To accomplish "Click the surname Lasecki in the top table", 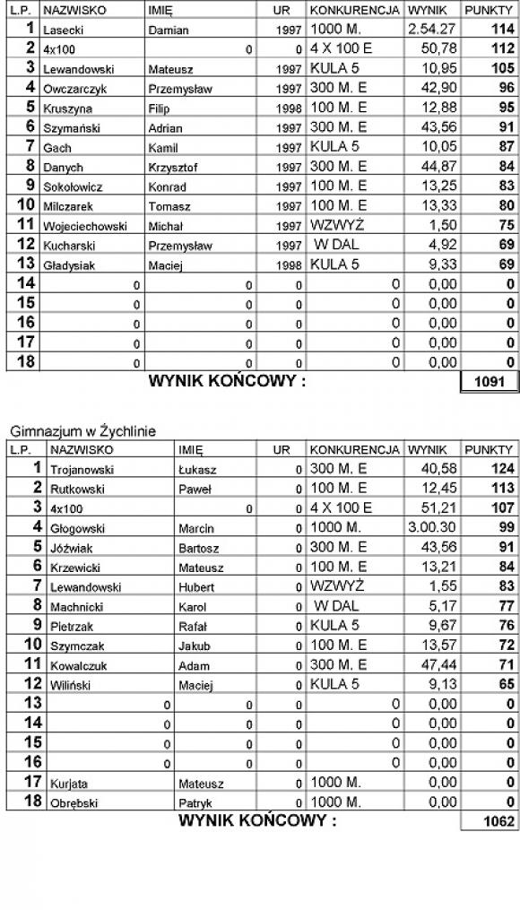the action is pos(63,30).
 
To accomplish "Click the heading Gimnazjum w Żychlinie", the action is pos(83,431).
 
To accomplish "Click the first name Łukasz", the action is pos(194,469).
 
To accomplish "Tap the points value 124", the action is pos(504,468).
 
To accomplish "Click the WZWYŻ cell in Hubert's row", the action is pos(337,586).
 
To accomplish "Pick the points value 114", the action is pos(504,29).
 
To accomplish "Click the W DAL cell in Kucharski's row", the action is pos(337,245).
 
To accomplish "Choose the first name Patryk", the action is pos(194,802).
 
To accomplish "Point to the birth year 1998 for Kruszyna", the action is pos(290,108).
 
